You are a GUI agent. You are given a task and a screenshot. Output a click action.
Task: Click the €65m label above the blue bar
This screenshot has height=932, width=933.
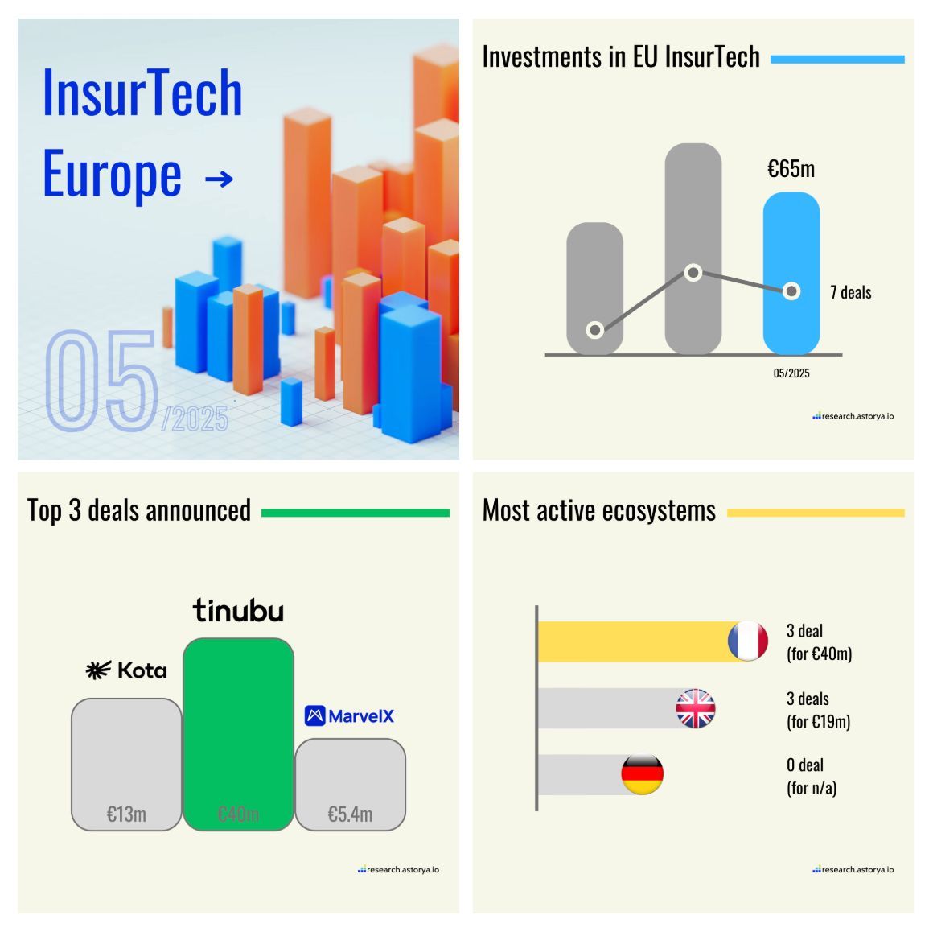[x=791, y=169]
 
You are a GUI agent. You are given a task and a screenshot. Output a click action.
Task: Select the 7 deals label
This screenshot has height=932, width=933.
[x=851, y=292]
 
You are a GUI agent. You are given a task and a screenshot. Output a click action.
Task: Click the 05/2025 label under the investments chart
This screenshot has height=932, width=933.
[x=791, y=373]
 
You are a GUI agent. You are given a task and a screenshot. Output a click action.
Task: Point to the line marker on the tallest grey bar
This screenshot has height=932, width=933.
[x=693, y=273]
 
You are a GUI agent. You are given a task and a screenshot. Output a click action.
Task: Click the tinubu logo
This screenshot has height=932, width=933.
[x=238, y=611]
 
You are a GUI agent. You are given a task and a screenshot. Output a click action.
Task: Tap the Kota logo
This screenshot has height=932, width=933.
[x=126, y=670]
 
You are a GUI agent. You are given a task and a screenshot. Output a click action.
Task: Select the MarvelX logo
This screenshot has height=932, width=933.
[x=349, y=715]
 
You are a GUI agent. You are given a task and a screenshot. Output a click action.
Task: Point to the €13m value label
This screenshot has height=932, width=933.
[x=126, y=814]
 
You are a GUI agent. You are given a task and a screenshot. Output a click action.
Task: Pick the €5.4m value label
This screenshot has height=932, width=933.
[x=350, y=814]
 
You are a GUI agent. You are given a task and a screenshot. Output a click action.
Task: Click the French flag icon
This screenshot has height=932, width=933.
[x=747, y=641]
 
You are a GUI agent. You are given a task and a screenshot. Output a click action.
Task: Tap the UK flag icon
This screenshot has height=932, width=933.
[x=696, y=709]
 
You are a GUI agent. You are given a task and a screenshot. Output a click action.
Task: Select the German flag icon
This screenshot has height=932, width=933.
[x=643, y=774]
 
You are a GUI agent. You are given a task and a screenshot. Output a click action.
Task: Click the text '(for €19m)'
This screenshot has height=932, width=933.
[x=818, y=722]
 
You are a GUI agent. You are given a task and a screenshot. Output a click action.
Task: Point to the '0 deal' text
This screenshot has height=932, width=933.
[x=805, y=765]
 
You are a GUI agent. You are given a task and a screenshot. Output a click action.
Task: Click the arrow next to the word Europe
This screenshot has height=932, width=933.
[x=219, y=179]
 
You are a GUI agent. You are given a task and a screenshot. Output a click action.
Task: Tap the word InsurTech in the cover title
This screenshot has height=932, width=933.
[x=142, y=93]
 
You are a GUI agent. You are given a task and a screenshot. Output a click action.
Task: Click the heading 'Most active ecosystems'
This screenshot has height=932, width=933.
[x=598, y=511]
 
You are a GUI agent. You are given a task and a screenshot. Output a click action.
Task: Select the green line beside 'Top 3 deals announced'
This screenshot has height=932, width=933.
[x=355, y=513]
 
